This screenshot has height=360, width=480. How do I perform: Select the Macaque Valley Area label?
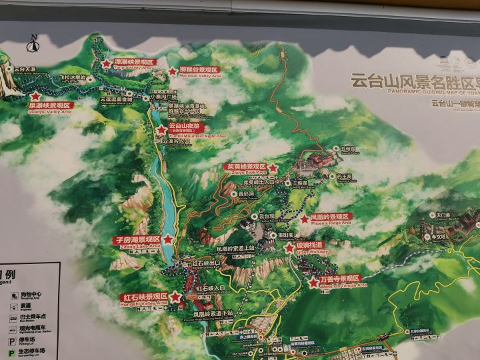199,70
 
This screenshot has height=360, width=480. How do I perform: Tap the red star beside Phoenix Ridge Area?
304,219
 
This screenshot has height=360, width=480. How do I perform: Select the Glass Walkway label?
307,247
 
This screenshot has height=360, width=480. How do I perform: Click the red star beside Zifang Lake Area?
168,239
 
